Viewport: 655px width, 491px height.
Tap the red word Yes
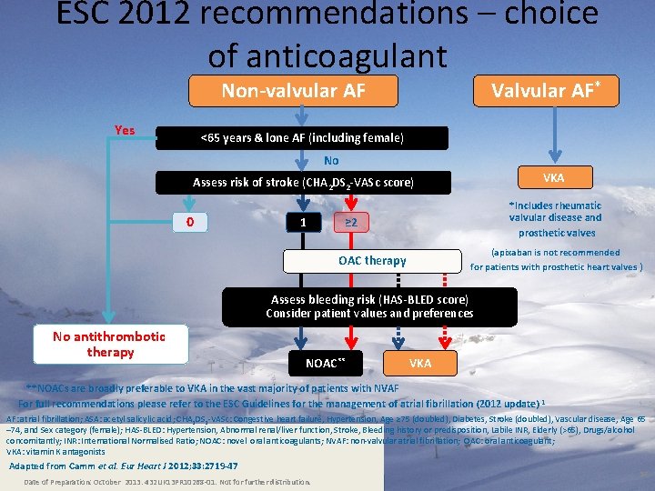coord(125,130)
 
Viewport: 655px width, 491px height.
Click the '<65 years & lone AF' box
coord(302,138)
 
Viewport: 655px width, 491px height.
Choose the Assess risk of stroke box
coord(303,183)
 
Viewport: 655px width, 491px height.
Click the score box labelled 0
coord(190,223)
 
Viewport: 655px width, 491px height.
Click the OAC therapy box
coord(372,261)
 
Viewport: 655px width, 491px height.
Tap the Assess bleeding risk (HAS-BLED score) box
coord(369,306)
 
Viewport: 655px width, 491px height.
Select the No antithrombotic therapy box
coord(110,344)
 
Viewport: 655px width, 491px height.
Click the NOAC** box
coord(325,363)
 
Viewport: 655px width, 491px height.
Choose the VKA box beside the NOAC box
coord(420,363)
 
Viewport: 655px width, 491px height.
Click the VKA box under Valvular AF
coord(553,176)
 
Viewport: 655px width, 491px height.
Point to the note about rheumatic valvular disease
coord(555,218)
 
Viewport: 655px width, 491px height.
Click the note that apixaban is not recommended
coord(555,260)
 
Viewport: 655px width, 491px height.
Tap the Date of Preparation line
coord(166,482)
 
